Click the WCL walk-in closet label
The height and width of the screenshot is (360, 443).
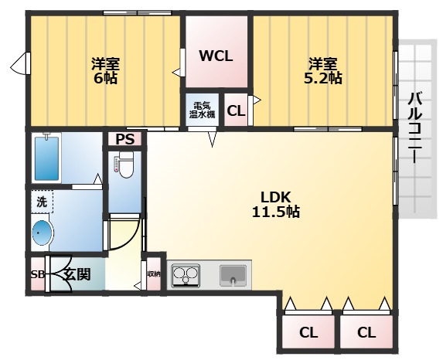pyautogui.click(x=216, y=56)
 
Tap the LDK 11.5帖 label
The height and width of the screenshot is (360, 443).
pyautogui.click(x=275, y=204)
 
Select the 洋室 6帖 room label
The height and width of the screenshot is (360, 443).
pyautogui.click(x=105, y=71)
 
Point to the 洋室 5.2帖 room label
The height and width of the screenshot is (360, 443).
pyautogui.click(x=322, y=71)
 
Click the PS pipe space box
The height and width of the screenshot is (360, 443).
pyautogui.click(x=125, y=139)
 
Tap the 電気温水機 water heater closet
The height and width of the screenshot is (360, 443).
pyautogui.click(x=202, y=110)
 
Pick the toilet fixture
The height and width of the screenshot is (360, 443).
pyautogui.click(x=125, y=165)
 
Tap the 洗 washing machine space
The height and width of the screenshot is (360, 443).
pyautogui.click(x=42, y=202)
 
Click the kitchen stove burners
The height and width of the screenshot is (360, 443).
pyautogui.click(x=186, y=276)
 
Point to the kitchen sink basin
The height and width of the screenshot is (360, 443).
pyautogui.click(x=233, y=275)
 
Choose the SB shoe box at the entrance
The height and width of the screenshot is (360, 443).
pyautogui.click(x=38, y=274)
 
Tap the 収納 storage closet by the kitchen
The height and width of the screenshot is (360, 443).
pyautogui.click(x=154, y=274)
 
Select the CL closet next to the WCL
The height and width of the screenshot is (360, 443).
pyautogui.click(x=236, y=110)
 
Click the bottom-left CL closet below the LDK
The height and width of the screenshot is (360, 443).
pyautogui.click(x=308, y=332)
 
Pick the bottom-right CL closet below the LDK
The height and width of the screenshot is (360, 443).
pyautogui.click(x=366, y=332)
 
